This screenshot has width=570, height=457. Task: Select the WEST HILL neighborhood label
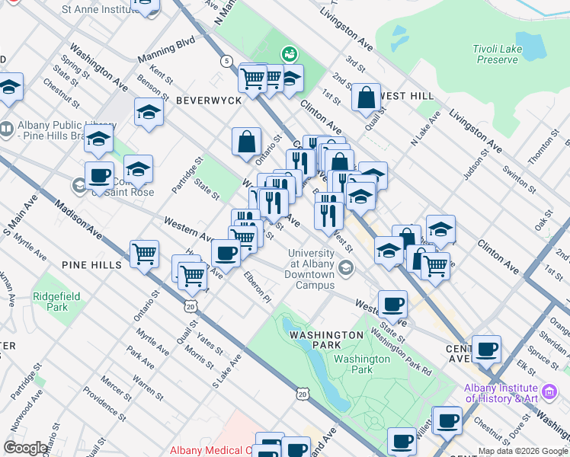coord(407,96)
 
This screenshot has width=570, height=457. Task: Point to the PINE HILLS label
coord(92,264)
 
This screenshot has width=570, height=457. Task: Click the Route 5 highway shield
coord(226,60)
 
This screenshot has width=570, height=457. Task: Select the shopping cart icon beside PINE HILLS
coord(144,254)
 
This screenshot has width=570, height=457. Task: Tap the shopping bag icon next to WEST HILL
coord(367,97)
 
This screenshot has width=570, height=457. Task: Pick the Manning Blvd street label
coord(167,52)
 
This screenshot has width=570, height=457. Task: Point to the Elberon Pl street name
coord(258,288)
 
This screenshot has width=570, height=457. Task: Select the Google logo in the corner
coord(26,448)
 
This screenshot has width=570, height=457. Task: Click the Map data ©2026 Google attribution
coord(523,451)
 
